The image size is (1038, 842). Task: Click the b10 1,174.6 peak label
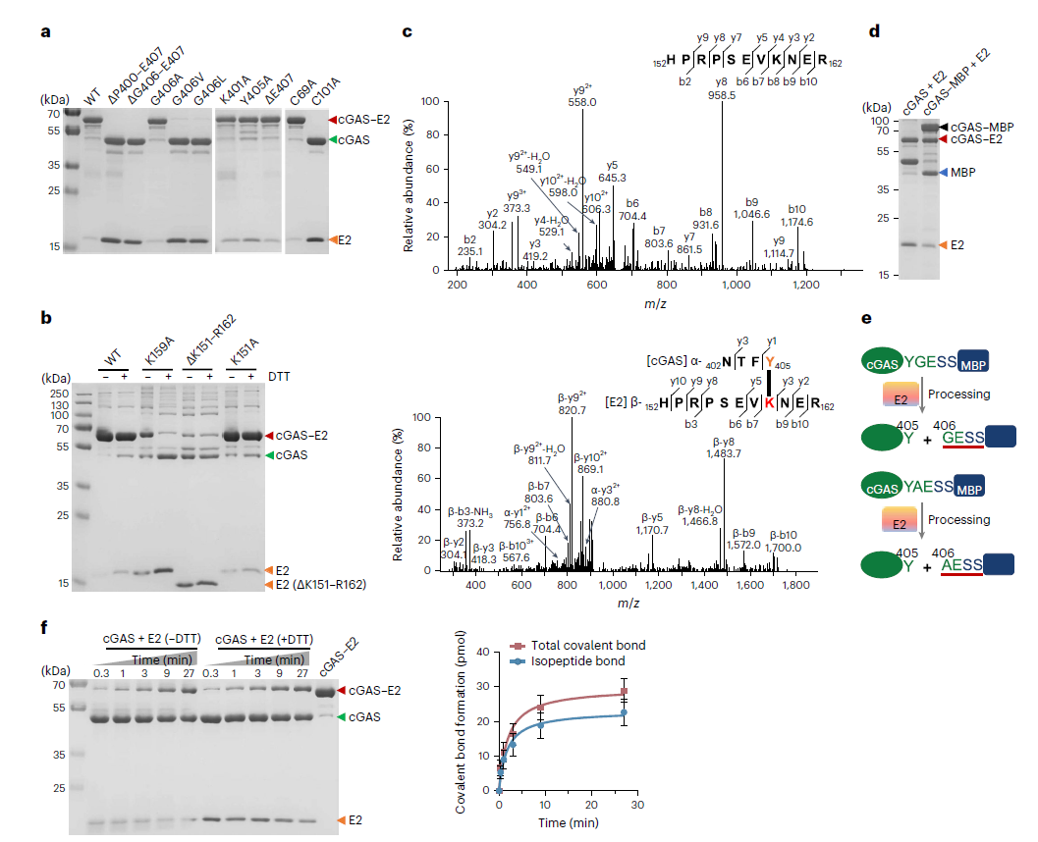[x=797, y=215]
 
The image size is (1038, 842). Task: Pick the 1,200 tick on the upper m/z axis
[x=805, y=286]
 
